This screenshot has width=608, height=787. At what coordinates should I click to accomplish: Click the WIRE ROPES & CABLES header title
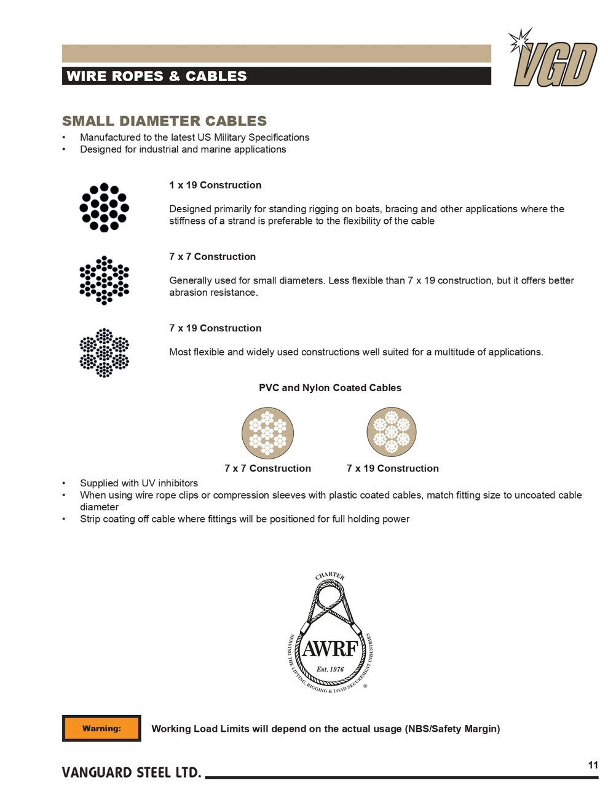point(157,76)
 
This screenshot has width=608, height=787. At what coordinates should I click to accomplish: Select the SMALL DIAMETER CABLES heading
point(164,121)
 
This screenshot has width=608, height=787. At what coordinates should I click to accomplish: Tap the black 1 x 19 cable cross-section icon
point(105,207)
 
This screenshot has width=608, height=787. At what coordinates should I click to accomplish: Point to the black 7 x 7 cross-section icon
point(105,280)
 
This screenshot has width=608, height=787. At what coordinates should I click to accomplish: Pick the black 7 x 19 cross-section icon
point(105,352)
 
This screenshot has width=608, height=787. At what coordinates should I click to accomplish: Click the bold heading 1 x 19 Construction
point(215,185)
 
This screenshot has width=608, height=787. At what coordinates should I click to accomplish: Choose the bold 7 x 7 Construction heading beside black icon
point(212,256)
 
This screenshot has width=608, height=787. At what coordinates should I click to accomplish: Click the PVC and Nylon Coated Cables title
point(330,388)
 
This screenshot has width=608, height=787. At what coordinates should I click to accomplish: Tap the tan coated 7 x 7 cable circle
point(267,433)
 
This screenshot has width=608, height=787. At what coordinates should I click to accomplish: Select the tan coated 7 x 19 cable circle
point(392,432)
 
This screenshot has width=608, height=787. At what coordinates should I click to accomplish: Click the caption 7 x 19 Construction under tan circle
point(392,469)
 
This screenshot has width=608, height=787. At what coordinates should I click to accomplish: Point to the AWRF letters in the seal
point(330,649)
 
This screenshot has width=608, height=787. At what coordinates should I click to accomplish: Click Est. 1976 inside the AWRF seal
point(330,669)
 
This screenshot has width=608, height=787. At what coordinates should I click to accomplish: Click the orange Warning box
point(101,729)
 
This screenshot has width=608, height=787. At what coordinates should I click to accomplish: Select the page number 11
point(593,765)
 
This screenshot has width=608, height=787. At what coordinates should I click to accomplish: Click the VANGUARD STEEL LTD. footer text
point(132,773)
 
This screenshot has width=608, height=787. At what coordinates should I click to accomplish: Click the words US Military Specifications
point(253,137)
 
